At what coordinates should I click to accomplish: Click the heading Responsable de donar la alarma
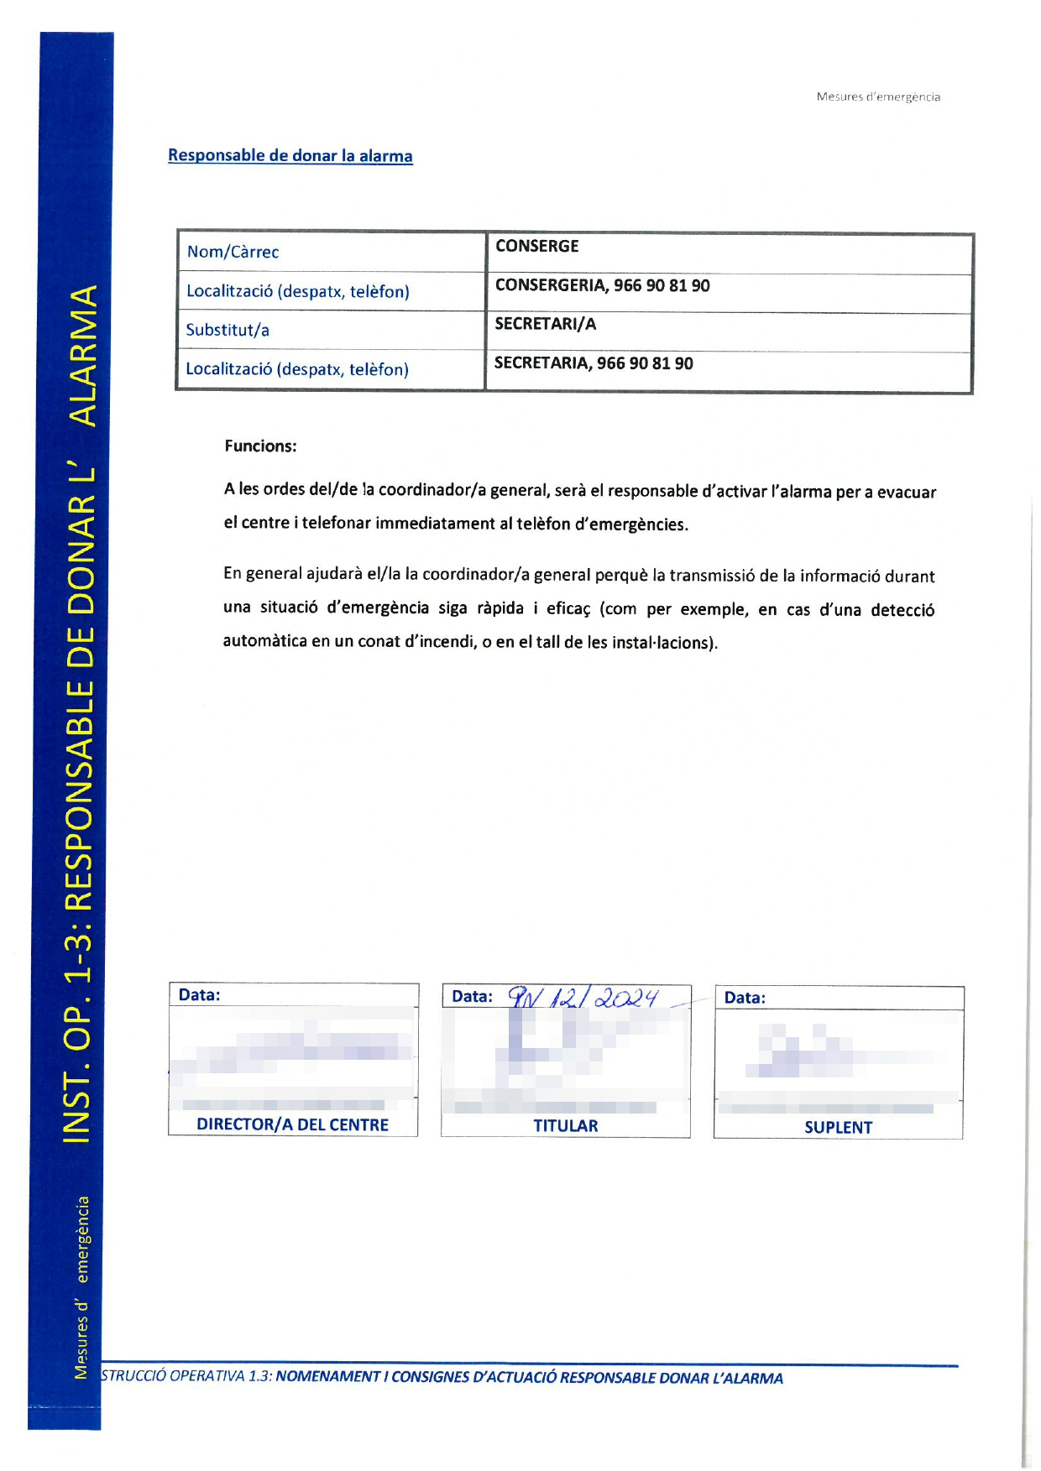coord(290,156)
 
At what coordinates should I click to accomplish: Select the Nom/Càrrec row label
coord(233,252)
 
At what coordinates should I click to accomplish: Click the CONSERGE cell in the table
coord(537,246)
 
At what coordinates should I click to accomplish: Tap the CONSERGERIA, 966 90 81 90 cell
coord(602,285)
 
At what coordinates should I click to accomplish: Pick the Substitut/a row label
coord(228,330)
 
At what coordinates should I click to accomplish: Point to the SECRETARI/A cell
coord(545,324)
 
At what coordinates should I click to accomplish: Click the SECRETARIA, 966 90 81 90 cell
coord(594,363)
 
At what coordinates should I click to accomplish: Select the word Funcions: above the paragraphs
coord(260,446)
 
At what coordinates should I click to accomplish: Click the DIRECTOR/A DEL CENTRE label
coord(292,1124)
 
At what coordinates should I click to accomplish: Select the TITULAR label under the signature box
coord(566,1126)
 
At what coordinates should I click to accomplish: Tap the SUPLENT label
coord(838,1128)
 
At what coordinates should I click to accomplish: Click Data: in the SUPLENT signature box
coord(745,998)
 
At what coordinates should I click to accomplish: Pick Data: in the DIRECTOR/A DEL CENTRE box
coord(200,995)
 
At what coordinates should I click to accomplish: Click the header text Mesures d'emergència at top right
coord(878,97)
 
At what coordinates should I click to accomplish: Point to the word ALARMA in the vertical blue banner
coord(83,356)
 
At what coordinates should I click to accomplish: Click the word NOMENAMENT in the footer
coord(328,1377)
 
